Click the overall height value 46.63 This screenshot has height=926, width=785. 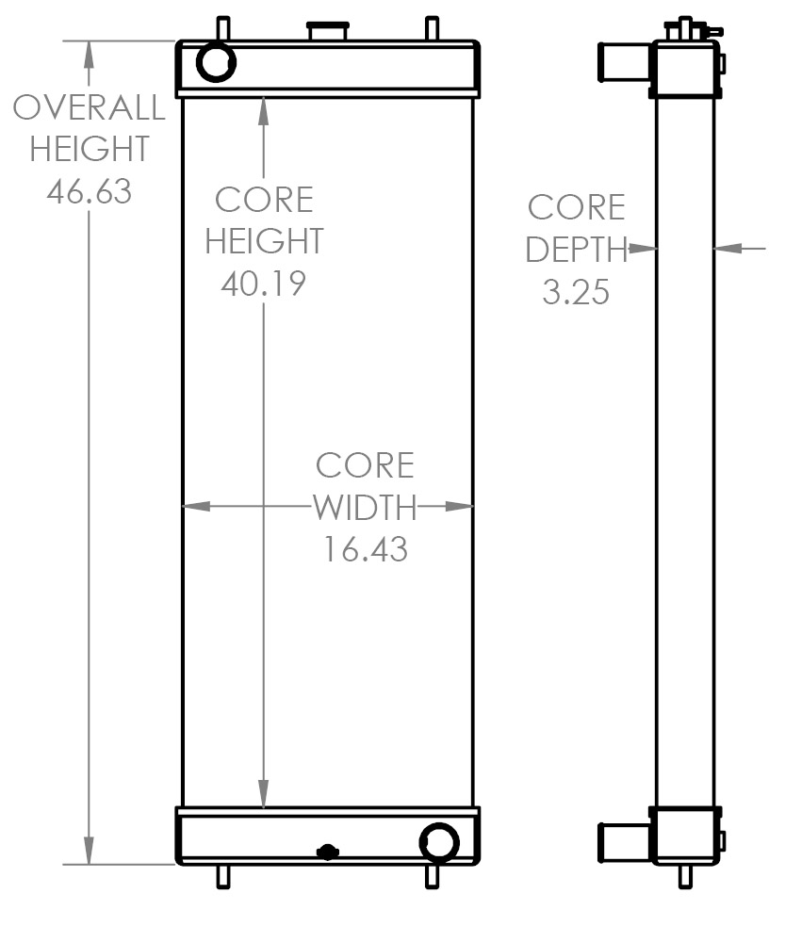89,191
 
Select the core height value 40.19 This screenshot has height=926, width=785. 264,283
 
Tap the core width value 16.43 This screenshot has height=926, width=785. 366,549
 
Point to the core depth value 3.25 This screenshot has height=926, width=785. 576,292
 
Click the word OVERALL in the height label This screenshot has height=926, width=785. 89,107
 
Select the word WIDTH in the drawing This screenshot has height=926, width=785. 365,508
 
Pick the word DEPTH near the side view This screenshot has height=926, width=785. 576,250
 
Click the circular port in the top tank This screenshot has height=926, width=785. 216,62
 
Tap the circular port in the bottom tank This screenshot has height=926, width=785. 438,842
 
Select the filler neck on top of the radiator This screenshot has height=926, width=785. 328,30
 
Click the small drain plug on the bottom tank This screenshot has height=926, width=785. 327,852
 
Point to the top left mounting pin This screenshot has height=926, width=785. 223,28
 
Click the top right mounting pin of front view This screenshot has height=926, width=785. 432,28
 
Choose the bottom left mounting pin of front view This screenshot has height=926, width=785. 223,876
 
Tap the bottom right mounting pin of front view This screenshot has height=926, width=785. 432,876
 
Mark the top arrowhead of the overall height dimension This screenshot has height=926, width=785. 89,51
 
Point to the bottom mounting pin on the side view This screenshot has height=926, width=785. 685,876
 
